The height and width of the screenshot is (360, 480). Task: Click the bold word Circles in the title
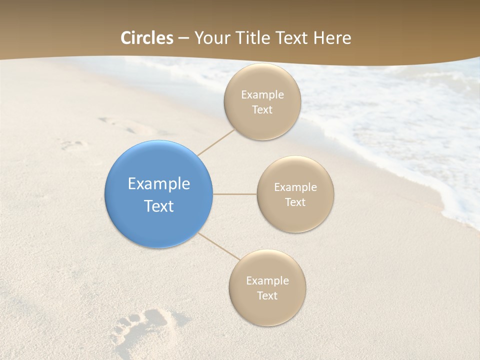(147, 38)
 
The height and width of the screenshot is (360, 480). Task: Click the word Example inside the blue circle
(159, 184)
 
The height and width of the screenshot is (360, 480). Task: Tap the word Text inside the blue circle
(159, 206)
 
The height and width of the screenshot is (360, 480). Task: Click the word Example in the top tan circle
(262, 95)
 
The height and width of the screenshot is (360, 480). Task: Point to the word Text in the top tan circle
(262, 110)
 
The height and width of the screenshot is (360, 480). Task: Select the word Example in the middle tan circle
(295, 187)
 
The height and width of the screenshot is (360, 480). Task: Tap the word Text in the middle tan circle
(295, 202)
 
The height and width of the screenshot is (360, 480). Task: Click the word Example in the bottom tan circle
(267, 281)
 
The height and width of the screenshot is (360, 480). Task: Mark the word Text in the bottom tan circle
(267, 296)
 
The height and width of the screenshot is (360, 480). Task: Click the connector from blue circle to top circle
(216, 142)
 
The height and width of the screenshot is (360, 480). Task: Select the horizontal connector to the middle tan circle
(235, 194)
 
